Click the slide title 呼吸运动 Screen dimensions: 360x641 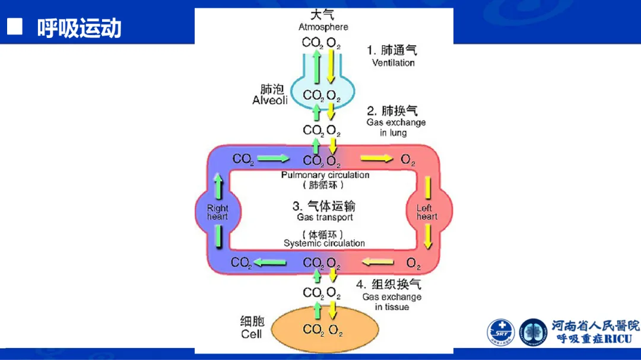point(79,28)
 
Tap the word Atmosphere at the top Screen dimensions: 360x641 point(323,27)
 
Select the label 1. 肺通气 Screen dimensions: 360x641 point(392,50)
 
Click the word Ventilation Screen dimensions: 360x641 point(393,62)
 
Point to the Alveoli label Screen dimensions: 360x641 point(270,100)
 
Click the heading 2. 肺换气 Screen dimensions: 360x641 point(392,110)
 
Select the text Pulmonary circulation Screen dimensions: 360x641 point(325,175)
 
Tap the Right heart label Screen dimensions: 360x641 point(217,212)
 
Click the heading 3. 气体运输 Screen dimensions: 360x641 point(323,206)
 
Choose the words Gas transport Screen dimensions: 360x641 point(325,218)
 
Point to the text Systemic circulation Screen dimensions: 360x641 point(324,243)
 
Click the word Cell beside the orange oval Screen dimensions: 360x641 point(251,334)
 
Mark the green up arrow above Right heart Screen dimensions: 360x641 point(218,185)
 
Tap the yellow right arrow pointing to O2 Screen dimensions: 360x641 point(377,158)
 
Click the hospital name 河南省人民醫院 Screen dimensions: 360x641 point(595,326)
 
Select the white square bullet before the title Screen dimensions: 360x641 point(14,27)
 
